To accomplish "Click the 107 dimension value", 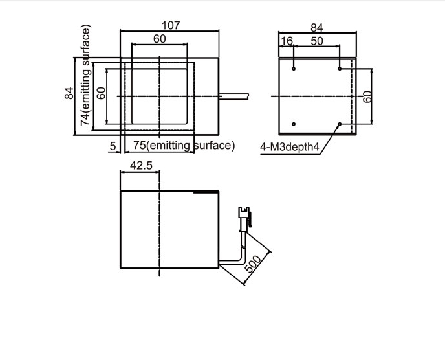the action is [x=171, y=25].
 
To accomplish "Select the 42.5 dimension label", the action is [x=141, y=165].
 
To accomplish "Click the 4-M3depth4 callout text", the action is [x=290, y=147].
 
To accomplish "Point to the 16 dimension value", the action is [x=287, y=41].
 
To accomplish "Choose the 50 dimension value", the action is [x=317, y=41].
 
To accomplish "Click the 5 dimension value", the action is [x=113, y=146].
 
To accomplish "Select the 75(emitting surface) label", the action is [x=184, y=146].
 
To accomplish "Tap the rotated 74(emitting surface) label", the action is [x=85, y=75].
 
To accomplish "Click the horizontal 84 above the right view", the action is [x=317, y=28].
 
